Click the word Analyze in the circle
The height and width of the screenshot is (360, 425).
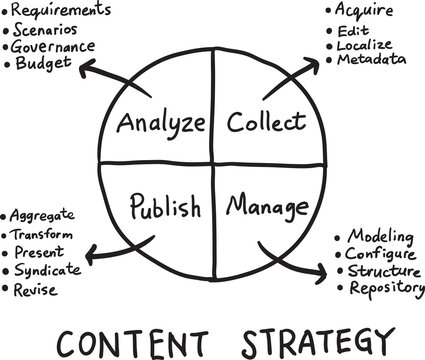(161, 123)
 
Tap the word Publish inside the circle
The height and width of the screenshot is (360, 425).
(166, 207)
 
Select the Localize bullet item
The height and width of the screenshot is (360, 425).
(364, 44)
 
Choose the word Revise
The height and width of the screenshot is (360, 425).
(37, 290)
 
